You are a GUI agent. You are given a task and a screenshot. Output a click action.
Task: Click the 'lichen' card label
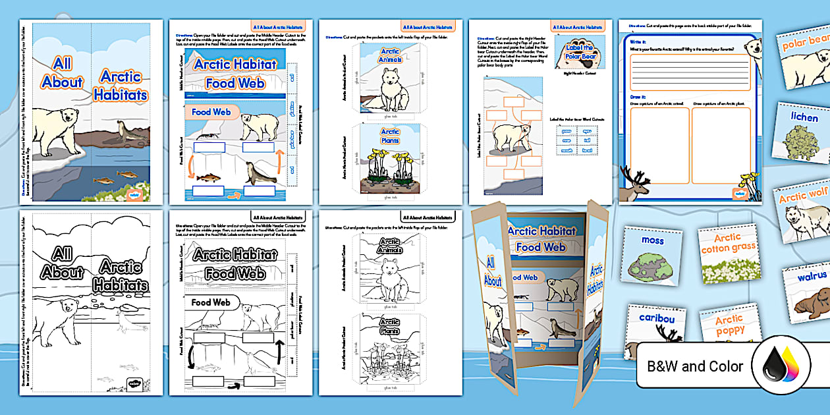pos(804,117)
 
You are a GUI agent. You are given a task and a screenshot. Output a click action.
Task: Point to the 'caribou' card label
pos(657,318)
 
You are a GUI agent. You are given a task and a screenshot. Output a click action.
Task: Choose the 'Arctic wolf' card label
pos(802,196)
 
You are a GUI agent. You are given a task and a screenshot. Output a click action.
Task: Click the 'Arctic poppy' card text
pos(729,325)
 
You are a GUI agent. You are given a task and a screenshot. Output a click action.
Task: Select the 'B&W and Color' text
pos(695,367)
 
